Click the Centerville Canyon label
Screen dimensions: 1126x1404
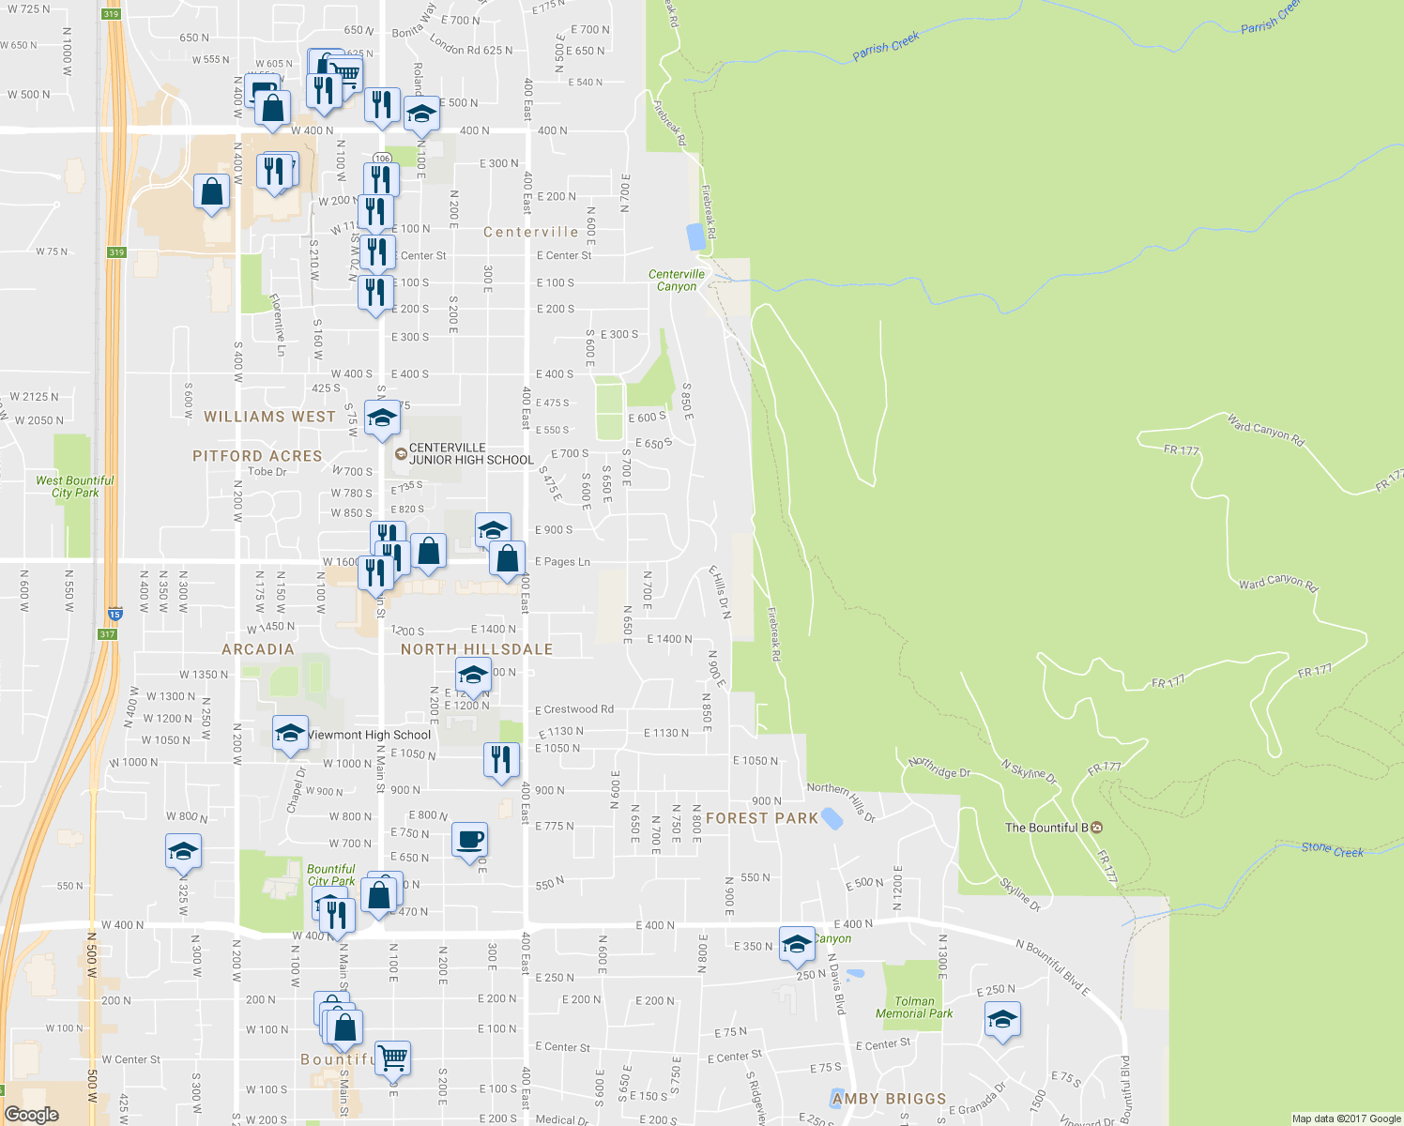(x=676, y=281)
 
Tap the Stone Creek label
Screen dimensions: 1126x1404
(x=1332, y=849)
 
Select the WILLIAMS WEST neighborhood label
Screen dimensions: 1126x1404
(x=269, y=417)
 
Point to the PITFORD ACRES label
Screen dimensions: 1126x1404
(x=257, y=456)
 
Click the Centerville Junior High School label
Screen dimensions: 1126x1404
(x=470, y=454)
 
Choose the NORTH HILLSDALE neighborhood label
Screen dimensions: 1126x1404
(x=477, y=649)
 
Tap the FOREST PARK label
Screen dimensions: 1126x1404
(x=762, y=818)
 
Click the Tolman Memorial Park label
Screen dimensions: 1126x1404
(x=914, y=1008)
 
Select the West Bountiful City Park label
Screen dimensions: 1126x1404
(x=75, y=486)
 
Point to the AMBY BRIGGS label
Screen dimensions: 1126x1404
(x=889, y=1099)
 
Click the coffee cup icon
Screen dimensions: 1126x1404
(x=469, y=840)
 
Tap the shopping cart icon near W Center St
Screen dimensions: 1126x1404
(x=393, y=1058)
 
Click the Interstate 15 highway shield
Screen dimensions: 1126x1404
(x=114, y=613)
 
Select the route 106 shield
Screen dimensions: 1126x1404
(x=381, y=159)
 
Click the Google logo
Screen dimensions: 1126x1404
(x=31, y=1114)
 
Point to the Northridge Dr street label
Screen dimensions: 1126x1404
(x=939, y=768)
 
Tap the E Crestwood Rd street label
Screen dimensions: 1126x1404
(x=573, y=709)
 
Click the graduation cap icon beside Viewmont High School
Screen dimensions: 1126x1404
(x=290, y=734)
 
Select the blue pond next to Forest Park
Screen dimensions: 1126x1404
(x=831, y=818)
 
